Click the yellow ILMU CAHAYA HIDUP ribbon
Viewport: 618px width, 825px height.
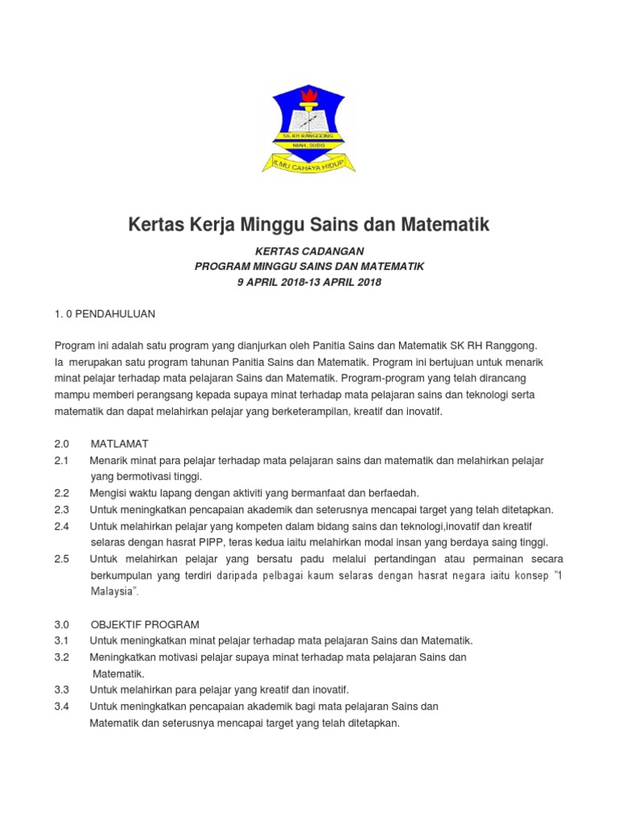click(309, 162)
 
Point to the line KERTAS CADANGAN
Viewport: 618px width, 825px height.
click(309, 251)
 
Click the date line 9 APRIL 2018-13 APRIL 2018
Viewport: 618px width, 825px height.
click(309, 282)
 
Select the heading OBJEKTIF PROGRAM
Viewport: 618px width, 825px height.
click(145, 624)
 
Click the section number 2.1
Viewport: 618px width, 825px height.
click(62, 460)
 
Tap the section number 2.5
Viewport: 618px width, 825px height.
click(62, 558)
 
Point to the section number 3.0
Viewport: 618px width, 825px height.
click(62, 624)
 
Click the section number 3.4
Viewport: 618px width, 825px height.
click(62, 707)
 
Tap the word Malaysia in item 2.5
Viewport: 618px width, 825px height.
click(113, 591)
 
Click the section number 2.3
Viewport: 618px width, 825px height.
click(62, 509)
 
